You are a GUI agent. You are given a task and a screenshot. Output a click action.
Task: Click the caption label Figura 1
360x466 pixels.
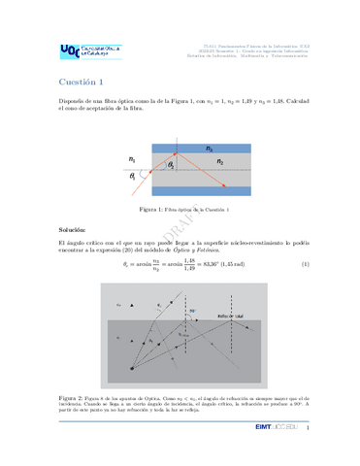tap(154, 210)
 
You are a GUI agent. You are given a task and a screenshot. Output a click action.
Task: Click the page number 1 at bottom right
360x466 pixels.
tap(308, 428)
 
